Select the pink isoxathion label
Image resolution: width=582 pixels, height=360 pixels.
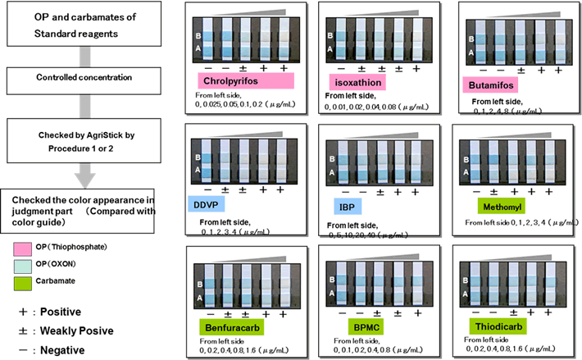pos(357,83)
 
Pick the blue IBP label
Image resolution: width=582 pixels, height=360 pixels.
pos(345,206)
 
